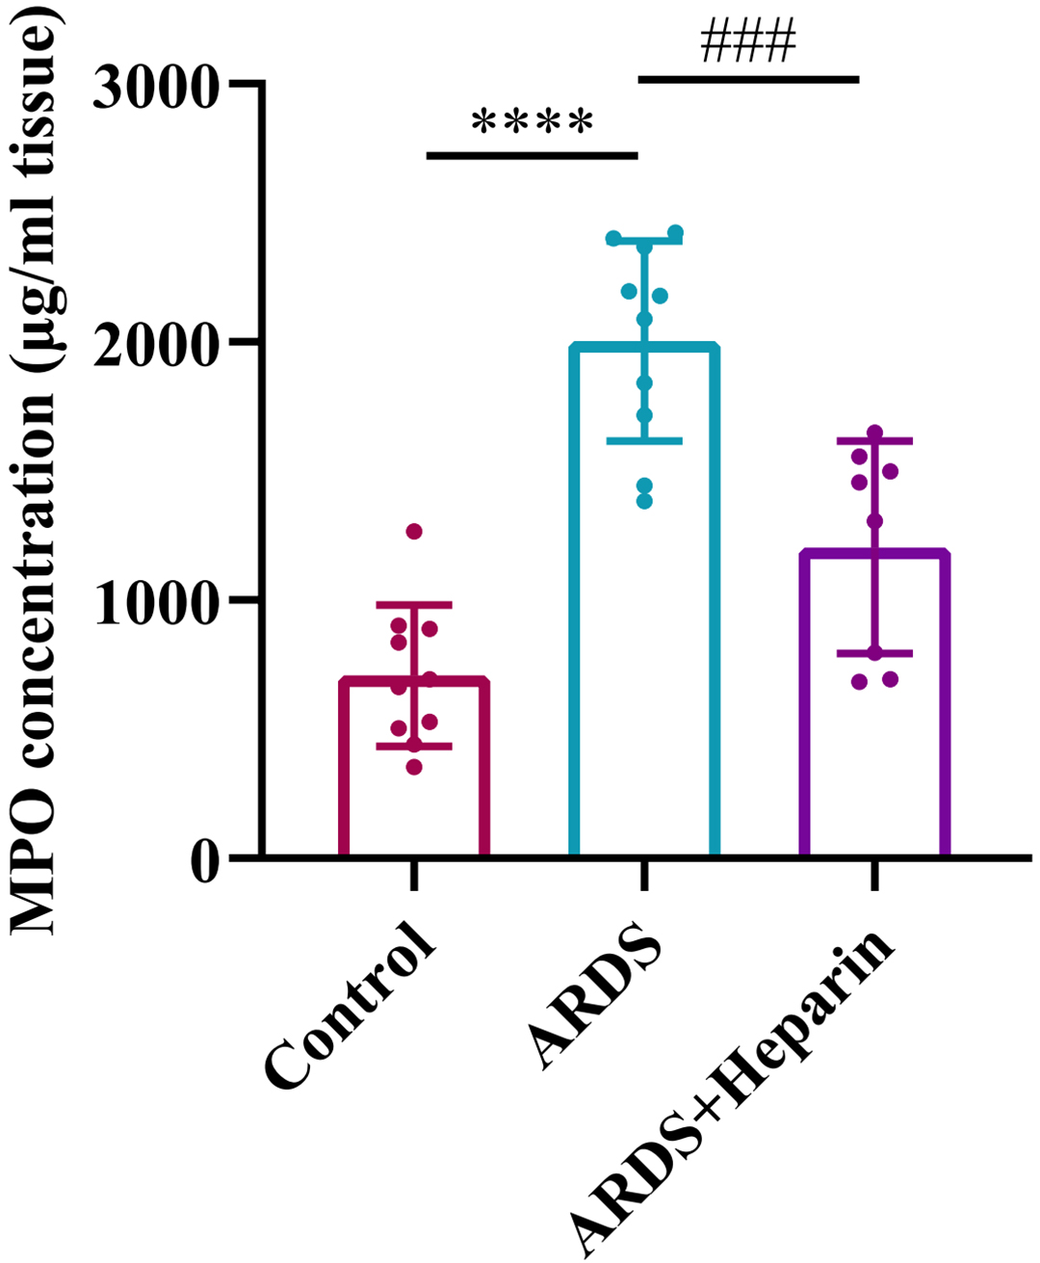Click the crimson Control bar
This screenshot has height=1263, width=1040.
[414, 771]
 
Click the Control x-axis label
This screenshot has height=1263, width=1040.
[352, 1008]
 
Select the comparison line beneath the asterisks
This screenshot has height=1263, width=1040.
[532, 154]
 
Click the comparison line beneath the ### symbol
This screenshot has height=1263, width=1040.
[748, 79]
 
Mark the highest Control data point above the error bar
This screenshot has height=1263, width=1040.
[414, 532]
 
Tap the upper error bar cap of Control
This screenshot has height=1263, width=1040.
[414, 604]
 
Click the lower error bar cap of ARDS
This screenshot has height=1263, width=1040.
[644, 441]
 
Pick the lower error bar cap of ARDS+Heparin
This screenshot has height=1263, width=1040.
[874, 653]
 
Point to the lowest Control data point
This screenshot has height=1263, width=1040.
[414, 767]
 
